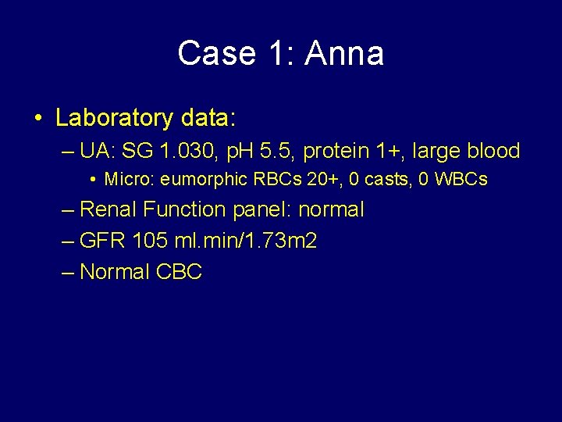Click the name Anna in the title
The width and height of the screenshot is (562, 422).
344,54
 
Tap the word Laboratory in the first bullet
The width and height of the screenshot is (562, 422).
114,119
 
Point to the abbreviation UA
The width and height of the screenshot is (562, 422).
94,150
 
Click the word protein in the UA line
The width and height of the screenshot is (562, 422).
337,150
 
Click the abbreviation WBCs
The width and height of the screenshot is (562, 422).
461,180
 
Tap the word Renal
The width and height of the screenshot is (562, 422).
110,209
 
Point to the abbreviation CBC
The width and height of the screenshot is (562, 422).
179,272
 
